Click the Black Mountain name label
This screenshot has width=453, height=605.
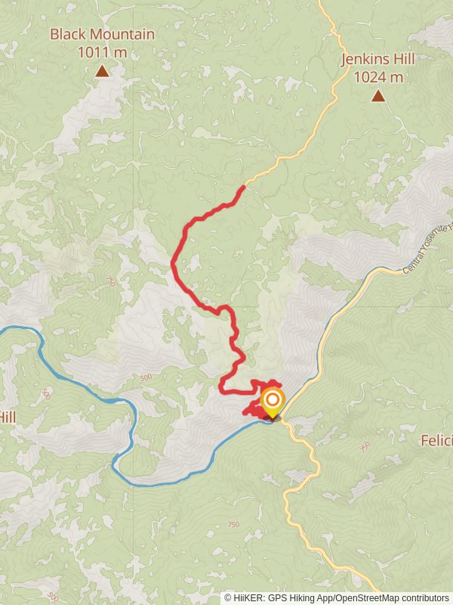(102, 35)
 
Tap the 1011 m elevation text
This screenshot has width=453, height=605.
(102, 53)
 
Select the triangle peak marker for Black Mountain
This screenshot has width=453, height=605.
(102, 72)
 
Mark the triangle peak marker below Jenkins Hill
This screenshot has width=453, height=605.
(377, 96)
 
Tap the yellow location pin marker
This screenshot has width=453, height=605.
(273, 402)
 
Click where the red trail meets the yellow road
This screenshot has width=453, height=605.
(244, 185)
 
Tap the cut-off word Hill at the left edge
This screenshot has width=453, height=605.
(8, 417)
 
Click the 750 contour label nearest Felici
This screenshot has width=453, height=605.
(365, 447)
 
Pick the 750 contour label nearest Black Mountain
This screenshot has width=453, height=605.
(112, 281)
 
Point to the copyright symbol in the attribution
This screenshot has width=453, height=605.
(229, 597)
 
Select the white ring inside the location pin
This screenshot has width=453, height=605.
(273, 399)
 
